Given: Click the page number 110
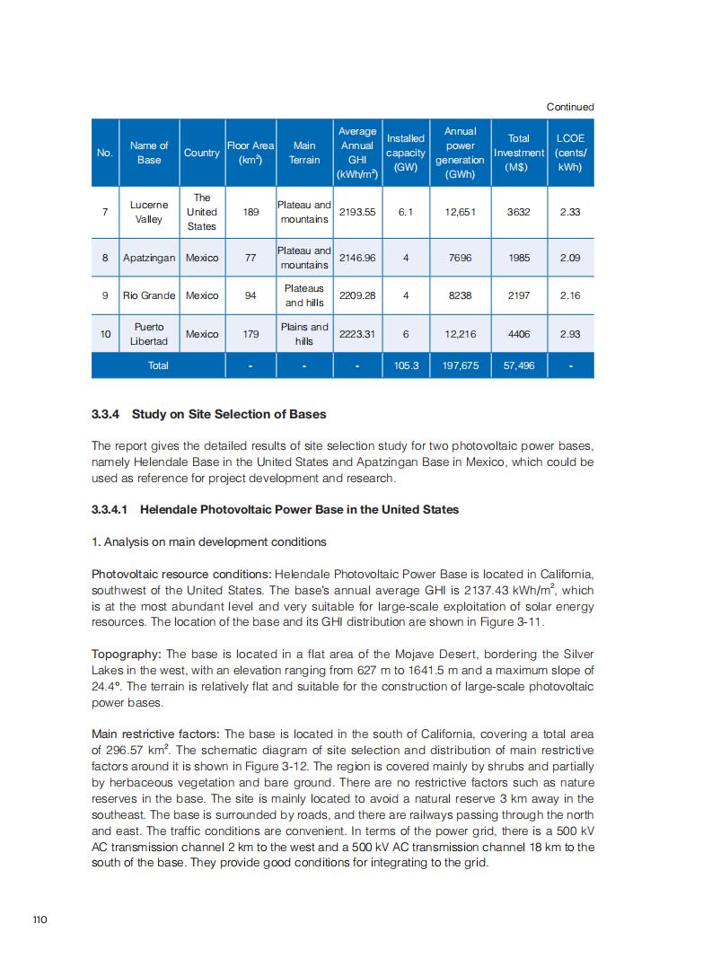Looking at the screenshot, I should point(39,919).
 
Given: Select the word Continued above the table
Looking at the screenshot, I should point(570,107).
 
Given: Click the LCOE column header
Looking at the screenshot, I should point(569,153).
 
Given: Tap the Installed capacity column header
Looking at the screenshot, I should point(406,153).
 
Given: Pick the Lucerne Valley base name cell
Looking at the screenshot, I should point(149,212).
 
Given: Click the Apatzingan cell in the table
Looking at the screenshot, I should point(149,258).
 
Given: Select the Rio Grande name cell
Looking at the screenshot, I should point(149,295).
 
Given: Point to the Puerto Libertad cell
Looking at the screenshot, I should point(149,334).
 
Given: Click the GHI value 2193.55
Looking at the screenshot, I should point(357,212).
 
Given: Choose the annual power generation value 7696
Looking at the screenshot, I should point(460,258).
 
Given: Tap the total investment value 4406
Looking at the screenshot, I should point(518,334).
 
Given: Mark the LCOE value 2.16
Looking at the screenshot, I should point(569,295).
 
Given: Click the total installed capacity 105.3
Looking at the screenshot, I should point(406,365).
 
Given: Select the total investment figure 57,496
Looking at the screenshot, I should point(518,365).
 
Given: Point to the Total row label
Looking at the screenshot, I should point(158,365).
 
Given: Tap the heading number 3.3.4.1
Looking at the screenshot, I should point(111,509).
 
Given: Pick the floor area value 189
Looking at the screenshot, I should point(251,212).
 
